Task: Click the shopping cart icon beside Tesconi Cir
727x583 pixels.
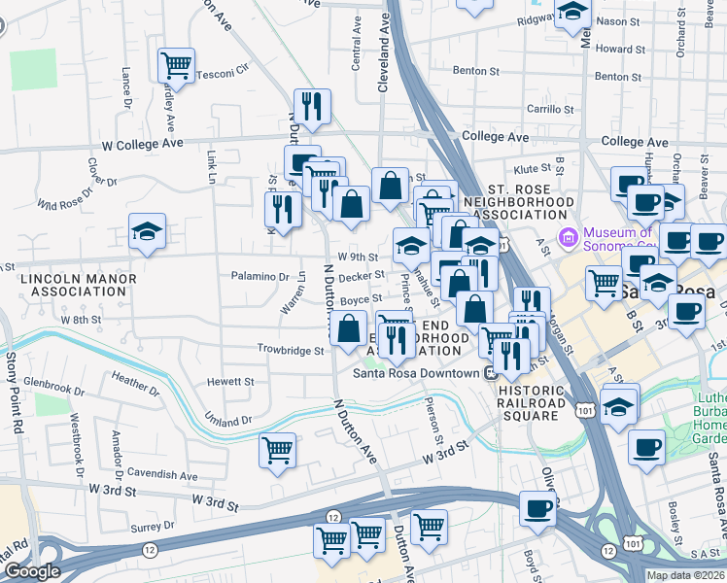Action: click(176, 66)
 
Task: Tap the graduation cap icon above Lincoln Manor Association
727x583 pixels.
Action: click(147, 232)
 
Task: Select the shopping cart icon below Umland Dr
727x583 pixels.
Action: click(278, 451)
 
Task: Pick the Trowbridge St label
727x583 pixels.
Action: click(290, 349)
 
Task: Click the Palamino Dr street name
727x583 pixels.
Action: click(260, 276)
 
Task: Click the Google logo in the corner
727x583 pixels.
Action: click(32, 571)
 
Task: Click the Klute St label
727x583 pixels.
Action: click(532, 168)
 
